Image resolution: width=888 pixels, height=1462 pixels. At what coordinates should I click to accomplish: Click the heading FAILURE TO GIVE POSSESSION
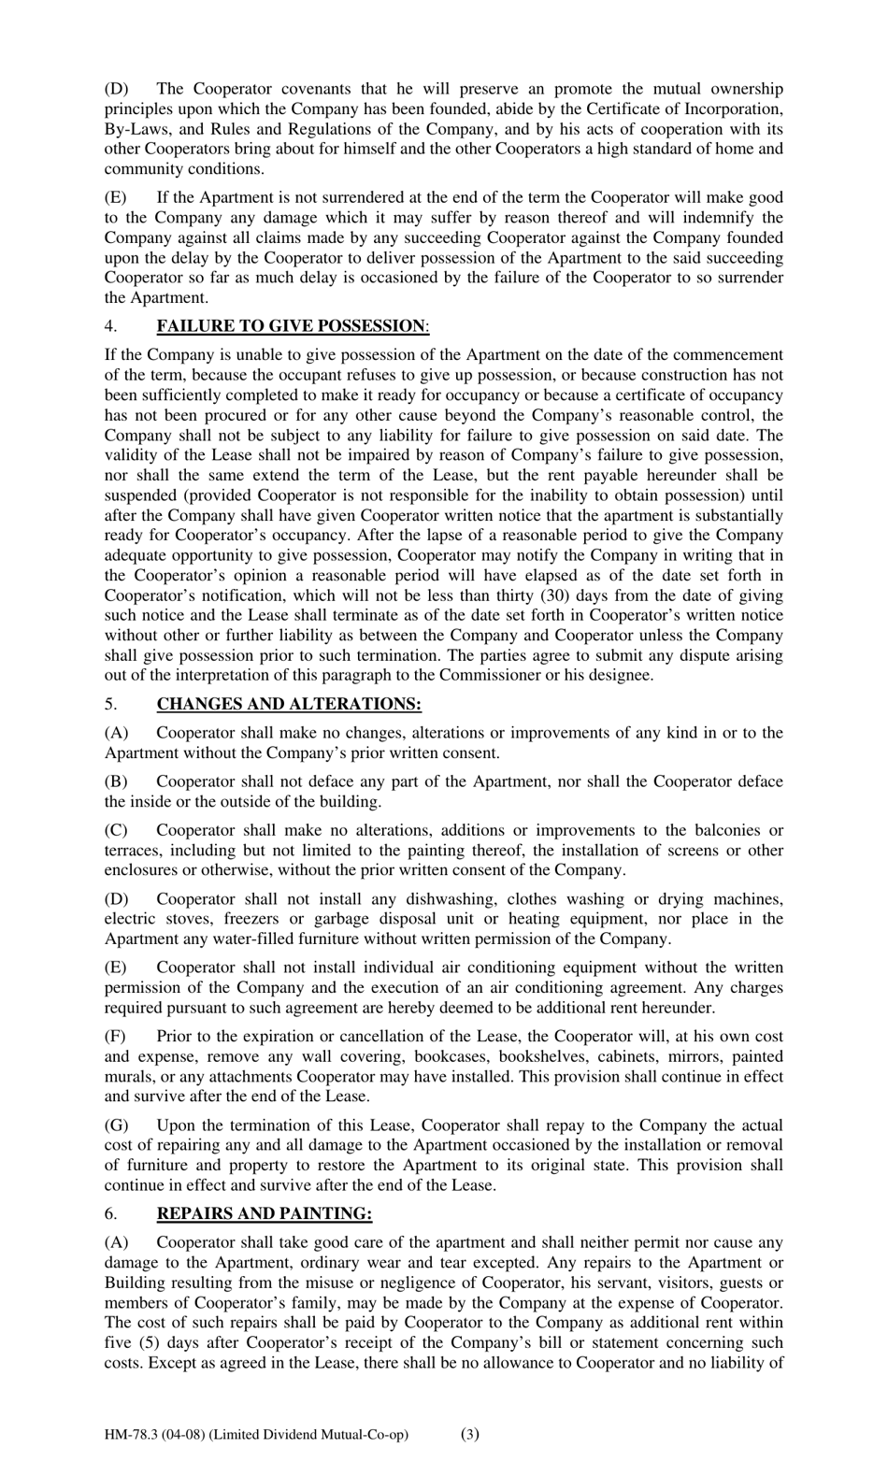click(291, 325)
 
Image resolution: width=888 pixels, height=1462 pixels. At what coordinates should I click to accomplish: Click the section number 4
click(110, 325)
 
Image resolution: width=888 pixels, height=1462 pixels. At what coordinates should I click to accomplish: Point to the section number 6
click(110, 1213)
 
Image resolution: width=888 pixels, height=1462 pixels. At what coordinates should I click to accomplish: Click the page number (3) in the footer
click(470, 1434)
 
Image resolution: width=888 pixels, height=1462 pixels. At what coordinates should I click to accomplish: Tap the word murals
click(128, 1077)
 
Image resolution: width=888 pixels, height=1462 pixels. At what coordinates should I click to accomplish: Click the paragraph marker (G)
click(116, 1125)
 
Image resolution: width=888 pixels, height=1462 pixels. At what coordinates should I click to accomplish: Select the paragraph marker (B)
click(116, 781)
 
